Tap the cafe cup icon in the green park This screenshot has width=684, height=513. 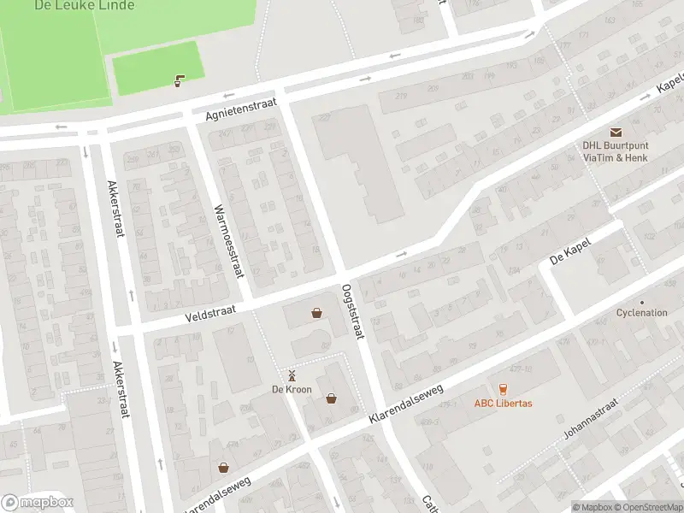[x=179, y=81]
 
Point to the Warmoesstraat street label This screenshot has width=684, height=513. [x=228, y=241]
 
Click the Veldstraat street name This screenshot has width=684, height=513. [x=209, y=316]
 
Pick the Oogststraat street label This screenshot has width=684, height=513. [x=353, y=311]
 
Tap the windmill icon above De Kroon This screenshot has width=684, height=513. [x=292, y=375]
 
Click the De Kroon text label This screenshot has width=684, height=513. [x=292, y=390]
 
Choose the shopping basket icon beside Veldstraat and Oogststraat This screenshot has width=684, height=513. [x=317, y=313]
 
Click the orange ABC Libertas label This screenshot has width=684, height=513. [x=504, y=404]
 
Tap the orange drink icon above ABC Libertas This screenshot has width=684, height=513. [x=503, y=388]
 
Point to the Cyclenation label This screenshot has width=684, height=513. [x=641, y=313]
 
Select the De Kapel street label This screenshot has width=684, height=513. [x=570, y=247]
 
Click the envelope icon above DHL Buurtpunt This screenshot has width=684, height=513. [x=616, y=132]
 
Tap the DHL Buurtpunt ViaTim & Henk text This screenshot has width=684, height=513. [x=616, y=151]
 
